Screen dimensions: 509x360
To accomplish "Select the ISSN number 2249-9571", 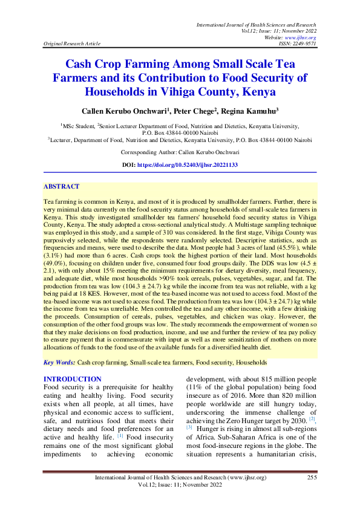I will (304, 44).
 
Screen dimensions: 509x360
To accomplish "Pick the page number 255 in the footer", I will (312, 478).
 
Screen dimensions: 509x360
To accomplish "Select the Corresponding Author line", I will (180, 152).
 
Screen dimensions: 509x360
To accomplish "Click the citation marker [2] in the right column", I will (312, 418).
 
